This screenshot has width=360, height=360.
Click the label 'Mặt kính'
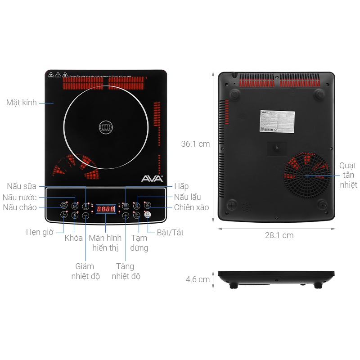click(22, 103)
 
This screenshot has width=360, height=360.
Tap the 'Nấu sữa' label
click(22, 186)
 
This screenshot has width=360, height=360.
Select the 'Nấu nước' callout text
click(20, 197)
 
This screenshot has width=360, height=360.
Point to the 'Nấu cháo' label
click(20, 207)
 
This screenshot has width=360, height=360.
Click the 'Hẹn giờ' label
click(40, 232)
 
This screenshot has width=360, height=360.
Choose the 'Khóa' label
click(73, 238)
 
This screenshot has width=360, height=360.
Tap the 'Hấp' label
click(181, 186)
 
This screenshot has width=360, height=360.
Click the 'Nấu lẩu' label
click(188, 197)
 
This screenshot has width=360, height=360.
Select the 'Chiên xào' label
click(192, 207)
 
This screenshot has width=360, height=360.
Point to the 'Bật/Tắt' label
click(170, 233)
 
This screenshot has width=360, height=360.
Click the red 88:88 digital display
click(105, 209)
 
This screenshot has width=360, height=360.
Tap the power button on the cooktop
click(147, 215)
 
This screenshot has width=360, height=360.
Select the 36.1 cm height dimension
click(195, 144)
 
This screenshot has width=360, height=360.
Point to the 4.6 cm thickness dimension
click(198, 279)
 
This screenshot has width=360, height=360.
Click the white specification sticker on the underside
click(278, 121)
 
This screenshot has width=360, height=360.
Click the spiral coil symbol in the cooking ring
click(106, 127)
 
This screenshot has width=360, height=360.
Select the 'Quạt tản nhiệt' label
click(348, 175)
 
